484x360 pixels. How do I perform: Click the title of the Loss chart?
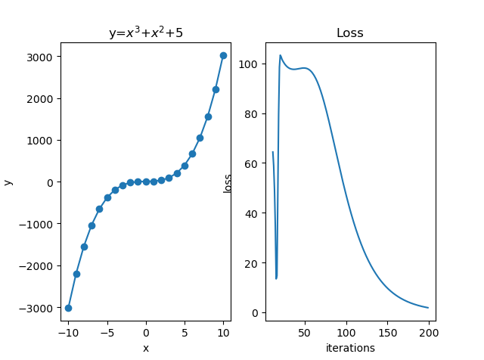(349, 33)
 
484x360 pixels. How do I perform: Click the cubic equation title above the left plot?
(145, 33)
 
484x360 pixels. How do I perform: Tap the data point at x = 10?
(223, 55)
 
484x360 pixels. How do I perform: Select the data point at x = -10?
(68, 308)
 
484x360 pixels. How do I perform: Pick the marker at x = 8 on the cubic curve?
(208, 116)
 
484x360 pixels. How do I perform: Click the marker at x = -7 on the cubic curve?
(92, 225)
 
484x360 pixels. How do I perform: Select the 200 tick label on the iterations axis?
(429, 332)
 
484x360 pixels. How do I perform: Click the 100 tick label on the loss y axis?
(251, 64)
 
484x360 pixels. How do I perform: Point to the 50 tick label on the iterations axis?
(305, 332)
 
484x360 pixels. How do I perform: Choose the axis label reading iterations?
(350, 348)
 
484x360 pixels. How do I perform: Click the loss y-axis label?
(228, 182)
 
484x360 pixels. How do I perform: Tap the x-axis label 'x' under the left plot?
(145, 348)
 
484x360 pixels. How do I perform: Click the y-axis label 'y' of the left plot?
(8, 182)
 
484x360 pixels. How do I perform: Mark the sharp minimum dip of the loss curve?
(276, 278)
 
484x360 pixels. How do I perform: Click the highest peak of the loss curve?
(281, 55)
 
